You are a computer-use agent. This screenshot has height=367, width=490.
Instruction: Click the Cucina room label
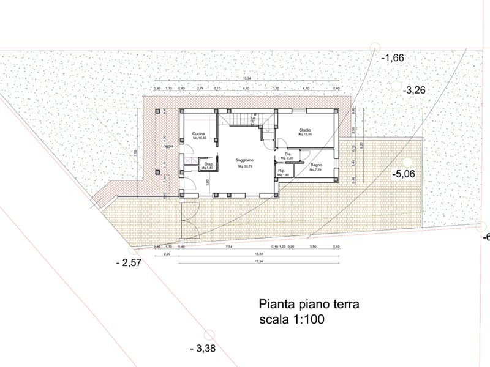pyautogui.click(x=198, y=134)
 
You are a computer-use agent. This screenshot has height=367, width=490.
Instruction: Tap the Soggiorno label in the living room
pyautogui.click(x=244, y=160)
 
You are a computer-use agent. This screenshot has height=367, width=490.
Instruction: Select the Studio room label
pyautogui.click(x=305, y=130)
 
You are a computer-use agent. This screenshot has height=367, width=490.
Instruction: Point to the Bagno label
pyautogui.click(x=316, y=165)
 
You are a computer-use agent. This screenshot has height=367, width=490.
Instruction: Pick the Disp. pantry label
pyautogui.click(x=208, y=164)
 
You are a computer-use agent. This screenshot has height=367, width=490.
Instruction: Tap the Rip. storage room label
pyautogui.click(x=282, y=171)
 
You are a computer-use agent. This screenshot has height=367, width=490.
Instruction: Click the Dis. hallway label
pyautogui.click(x=288, y=154)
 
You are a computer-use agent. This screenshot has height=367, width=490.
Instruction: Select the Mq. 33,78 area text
pyautogui.click(x=244, y=165)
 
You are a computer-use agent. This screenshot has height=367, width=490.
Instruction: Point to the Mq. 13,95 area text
pyautogui.click(x=305, y=134)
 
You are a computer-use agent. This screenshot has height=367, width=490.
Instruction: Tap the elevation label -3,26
pyautogui.click(x=414, y=89)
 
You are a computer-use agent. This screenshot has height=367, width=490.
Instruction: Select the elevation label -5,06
pyautogui.click(x=404, y=174)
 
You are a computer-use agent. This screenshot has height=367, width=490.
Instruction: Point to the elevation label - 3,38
pyautogui.click(x=203, y=349)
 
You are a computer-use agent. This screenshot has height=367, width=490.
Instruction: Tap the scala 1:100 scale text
pyautogui.click(x=291, y=319)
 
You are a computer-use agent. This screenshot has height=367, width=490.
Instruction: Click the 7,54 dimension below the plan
pyautogui.click(x=229, y=247)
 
